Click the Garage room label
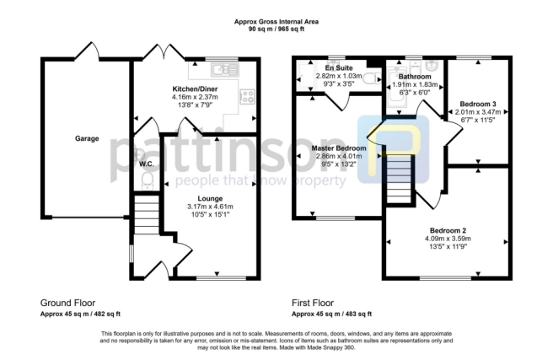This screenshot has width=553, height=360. pyautogui.click(x=87, y=138)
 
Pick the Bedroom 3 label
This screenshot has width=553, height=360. pyautogui.click(x=478, y=104)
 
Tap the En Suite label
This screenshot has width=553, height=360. pyautogui.click(x=338, y=67)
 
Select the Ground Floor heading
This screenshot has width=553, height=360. pyautogui.click(x=67, y=302)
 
